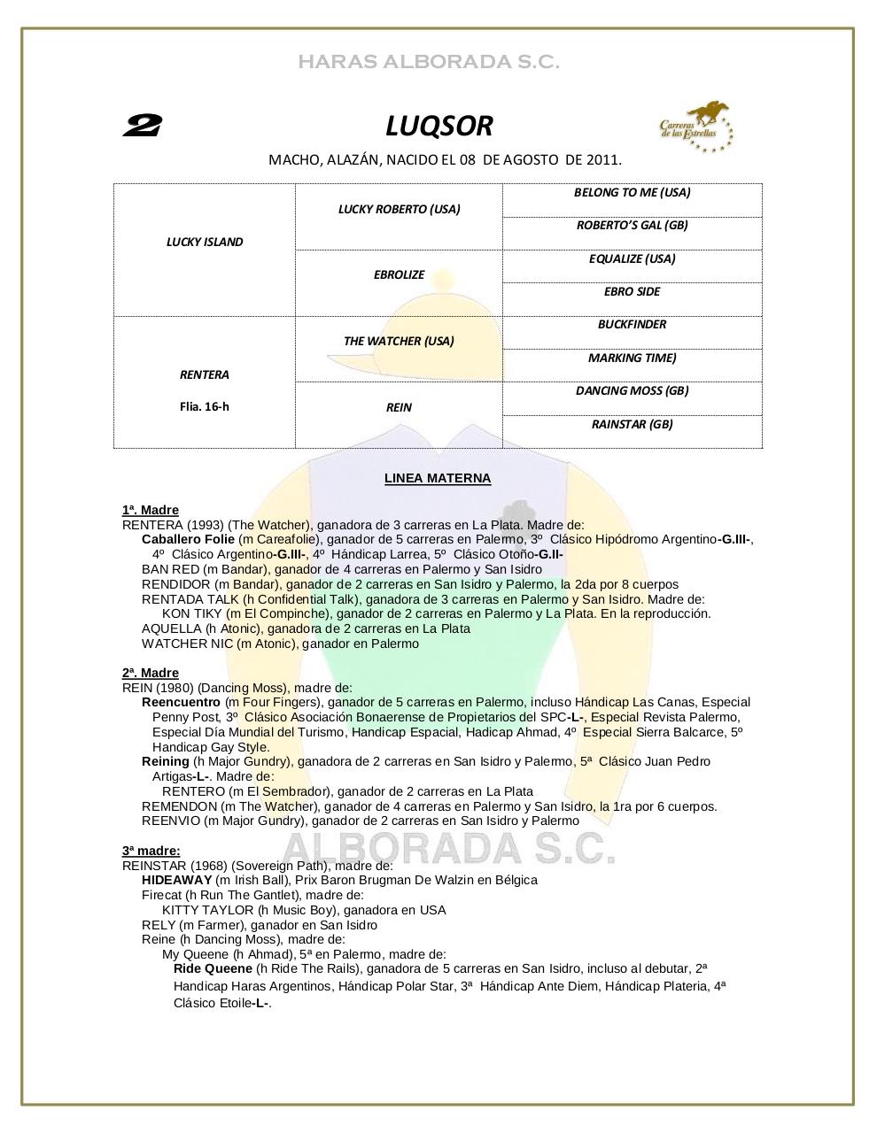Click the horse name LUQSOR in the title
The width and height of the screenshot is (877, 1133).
(438, 127)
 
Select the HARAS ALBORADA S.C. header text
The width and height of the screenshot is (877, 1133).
(429, 62)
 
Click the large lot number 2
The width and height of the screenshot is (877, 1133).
(141, 127)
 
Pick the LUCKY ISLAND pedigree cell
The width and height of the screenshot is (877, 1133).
(205, 242)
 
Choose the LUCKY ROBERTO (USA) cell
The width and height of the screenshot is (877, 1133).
(399, 209)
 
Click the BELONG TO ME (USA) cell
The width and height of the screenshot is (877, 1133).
(632, 192)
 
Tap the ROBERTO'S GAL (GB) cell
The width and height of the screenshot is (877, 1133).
(632, 225)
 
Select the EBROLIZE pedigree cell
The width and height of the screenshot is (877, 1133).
(399, 274)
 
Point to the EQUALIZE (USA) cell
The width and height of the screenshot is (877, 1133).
(632, 258)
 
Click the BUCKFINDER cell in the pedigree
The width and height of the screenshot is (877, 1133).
(632, 324)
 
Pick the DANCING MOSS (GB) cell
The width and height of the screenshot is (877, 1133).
(632, 390)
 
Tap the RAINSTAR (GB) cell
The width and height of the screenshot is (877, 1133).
(632, 424)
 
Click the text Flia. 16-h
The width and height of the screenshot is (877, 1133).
(205, 406)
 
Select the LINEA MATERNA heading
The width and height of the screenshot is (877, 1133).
(438, 478)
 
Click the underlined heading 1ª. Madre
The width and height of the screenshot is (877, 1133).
(151, 510)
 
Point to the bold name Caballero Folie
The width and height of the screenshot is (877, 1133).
(188, 539)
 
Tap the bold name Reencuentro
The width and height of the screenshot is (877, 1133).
(181, 702)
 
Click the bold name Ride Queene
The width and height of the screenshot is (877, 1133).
(213, 968)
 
